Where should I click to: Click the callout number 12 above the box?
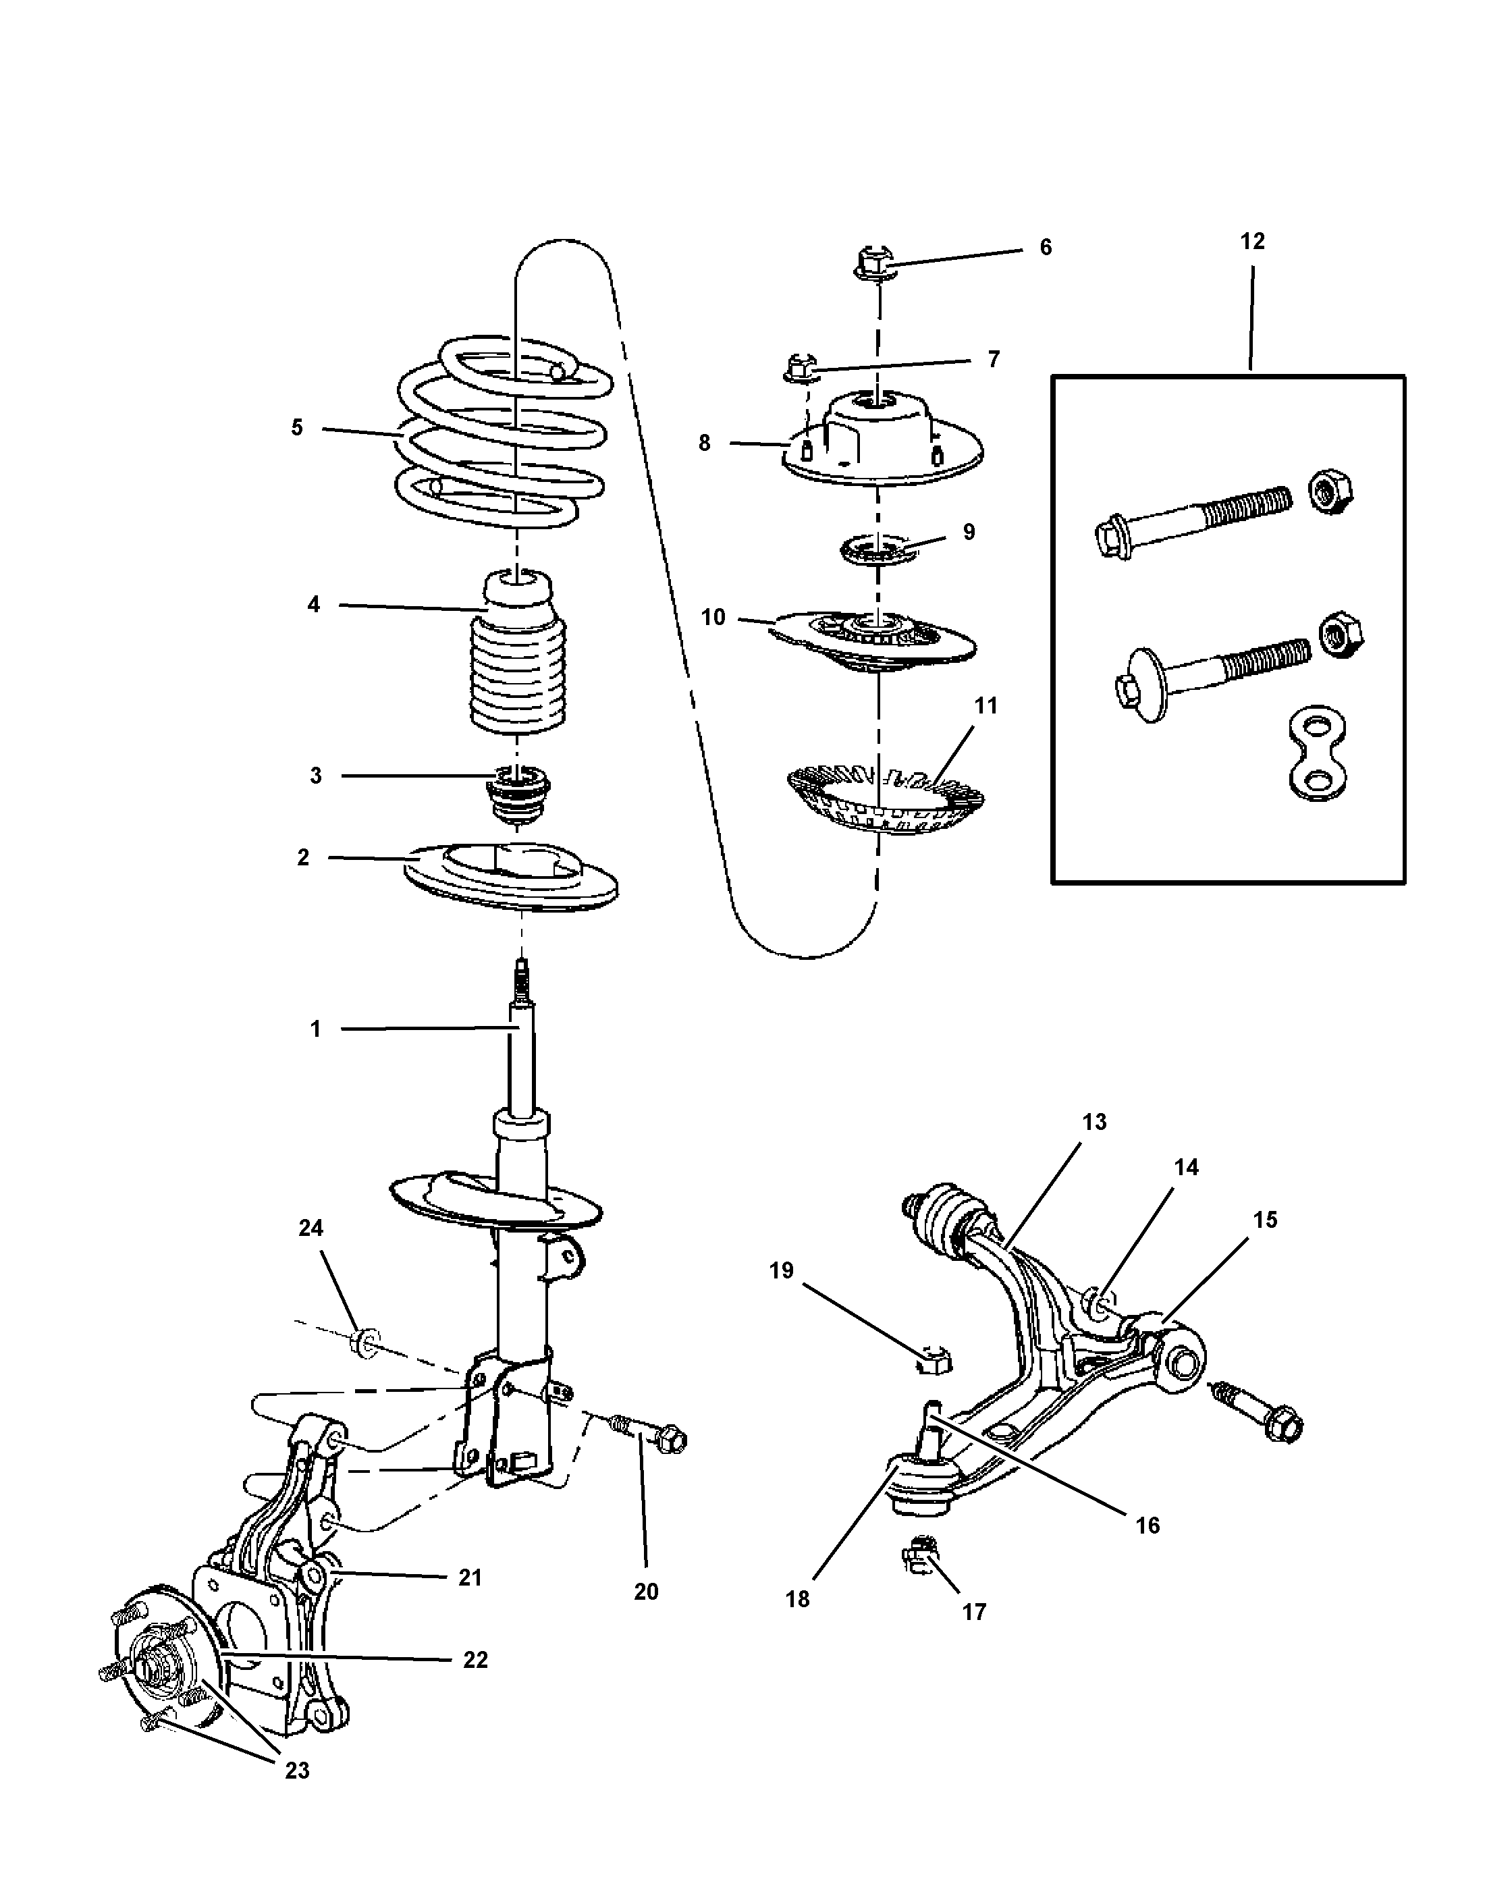(x=1251, y=241)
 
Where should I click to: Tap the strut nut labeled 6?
(x=874, y=263)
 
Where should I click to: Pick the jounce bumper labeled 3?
(x=518, y=793)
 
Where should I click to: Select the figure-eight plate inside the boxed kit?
(x=1318, y=755)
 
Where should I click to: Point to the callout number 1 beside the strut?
(x=315, y=1028)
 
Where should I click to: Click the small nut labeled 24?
(x=363, y=1365)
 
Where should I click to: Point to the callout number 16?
(x=1147, y=1525)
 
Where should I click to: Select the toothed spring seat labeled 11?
(x=886, y=798)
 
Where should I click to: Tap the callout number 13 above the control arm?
(x=1094, y=1121)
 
